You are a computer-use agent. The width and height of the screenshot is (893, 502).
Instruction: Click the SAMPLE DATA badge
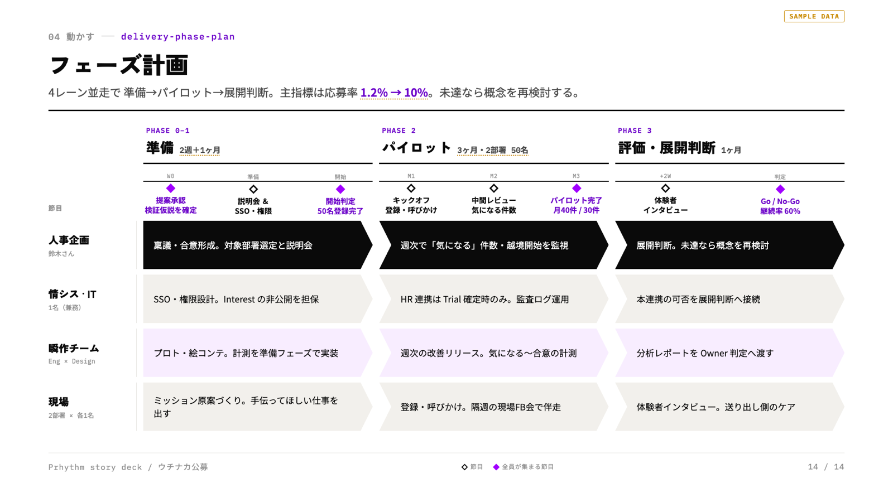pos(814,16)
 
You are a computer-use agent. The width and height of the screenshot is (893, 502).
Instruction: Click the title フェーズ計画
pos(119,65)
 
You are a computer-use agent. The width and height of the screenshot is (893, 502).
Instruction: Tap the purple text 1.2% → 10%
pos(394,93)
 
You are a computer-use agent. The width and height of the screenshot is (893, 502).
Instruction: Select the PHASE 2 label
pos(399,131)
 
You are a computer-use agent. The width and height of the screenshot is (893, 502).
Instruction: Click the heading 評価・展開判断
pos(666,148)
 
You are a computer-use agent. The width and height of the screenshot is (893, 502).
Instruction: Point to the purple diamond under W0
pos(171,188)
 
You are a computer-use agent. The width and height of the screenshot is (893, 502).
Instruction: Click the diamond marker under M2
pos(493,188)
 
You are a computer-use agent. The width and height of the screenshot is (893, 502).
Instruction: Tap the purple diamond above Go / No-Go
pos(780,189)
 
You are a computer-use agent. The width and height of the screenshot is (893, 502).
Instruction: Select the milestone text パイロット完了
pos(576,200)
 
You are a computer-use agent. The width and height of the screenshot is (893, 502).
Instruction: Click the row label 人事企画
pos(69,240)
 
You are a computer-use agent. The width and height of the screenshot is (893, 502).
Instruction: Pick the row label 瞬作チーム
pos(74,348)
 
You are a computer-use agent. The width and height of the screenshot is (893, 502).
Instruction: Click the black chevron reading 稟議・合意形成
pos(257,245)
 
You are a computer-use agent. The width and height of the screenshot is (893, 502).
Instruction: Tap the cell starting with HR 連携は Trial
pos(493,299)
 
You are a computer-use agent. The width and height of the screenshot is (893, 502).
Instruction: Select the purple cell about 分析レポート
pos(729,353)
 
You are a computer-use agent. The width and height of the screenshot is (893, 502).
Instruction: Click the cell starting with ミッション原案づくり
pos(257,407)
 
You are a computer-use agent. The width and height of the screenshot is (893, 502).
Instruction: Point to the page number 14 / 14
pos(826,467)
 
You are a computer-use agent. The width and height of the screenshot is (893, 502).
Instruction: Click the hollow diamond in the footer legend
pos(464,467)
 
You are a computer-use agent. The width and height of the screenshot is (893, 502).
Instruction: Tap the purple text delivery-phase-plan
pos(178,37)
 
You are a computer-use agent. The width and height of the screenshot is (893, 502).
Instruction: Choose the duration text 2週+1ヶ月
pos(200,150)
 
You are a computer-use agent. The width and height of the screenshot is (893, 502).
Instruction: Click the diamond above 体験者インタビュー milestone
pos(665,188)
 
